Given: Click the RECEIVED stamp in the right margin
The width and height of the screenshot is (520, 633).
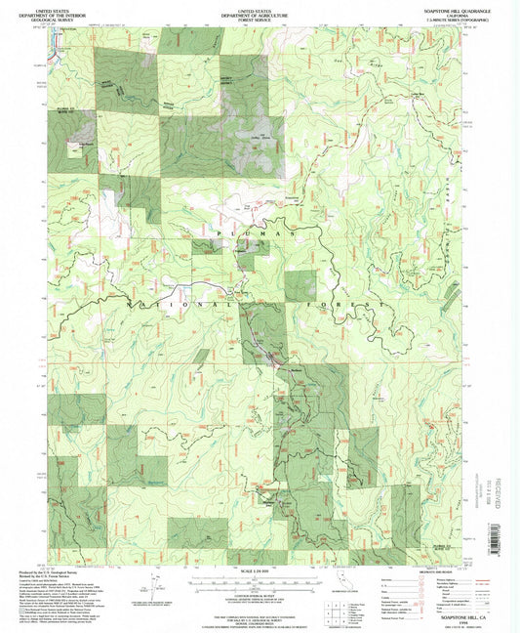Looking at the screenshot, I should pos(498,493).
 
